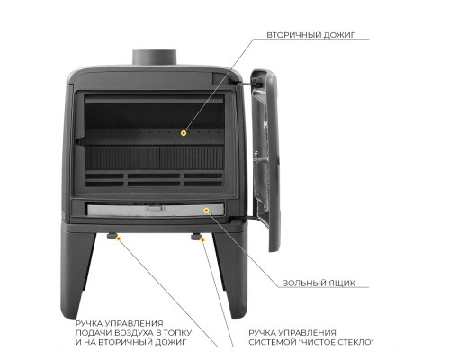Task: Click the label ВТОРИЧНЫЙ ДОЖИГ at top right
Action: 310,35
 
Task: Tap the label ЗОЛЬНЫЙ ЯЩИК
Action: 319,283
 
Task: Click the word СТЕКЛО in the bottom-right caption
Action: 356,342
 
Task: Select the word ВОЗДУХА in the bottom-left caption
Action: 133,333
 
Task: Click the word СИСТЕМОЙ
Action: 269,342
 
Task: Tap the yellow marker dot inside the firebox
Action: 184,133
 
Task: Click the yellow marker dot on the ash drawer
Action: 206,211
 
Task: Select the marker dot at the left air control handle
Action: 119,238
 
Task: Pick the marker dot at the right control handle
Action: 202,240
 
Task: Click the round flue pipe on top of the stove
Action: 155,58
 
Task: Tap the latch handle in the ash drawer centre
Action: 156,208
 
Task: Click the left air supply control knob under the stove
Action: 112,236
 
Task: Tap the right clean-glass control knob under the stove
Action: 196,237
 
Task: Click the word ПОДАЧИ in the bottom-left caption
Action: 93,333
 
